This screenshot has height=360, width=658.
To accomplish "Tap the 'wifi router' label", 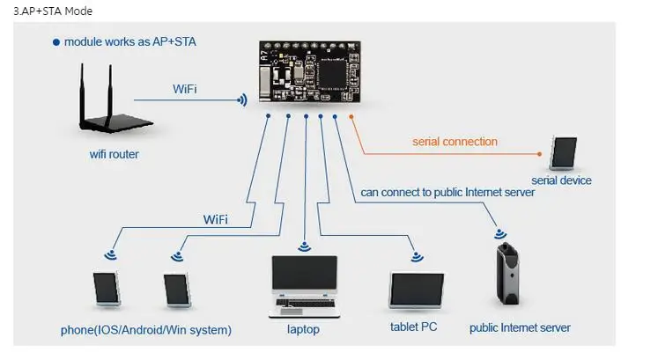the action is point(115,154).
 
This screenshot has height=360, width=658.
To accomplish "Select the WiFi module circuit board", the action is point(310,71).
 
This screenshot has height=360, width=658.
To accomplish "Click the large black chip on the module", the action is point(333,74).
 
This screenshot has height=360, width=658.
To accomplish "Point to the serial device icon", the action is point(564,152).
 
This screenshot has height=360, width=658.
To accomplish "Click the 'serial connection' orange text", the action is point(455,142).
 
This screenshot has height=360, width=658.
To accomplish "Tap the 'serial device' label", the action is point(561,180).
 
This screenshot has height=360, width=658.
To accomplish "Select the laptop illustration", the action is point(304,287).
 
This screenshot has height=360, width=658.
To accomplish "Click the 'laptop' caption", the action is point(303,329).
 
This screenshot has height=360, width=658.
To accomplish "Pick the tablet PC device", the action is point(417,290).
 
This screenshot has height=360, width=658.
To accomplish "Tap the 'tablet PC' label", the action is point(414,327).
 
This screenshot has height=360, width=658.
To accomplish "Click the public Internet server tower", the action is point(507,273).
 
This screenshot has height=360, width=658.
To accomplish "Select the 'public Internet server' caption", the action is point(520,327).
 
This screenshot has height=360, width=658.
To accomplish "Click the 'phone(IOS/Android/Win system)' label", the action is point(146,330).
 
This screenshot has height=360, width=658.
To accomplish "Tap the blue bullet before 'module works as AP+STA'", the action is point(56,42).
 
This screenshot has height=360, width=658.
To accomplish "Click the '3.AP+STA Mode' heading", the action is point(53,11).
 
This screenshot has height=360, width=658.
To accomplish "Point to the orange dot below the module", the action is point(351,116).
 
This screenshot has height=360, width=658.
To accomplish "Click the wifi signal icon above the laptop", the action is point(304,246).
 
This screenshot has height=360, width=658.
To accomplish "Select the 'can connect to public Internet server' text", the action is point(447,193).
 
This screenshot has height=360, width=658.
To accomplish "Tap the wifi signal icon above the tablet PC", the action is point(417,256).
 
